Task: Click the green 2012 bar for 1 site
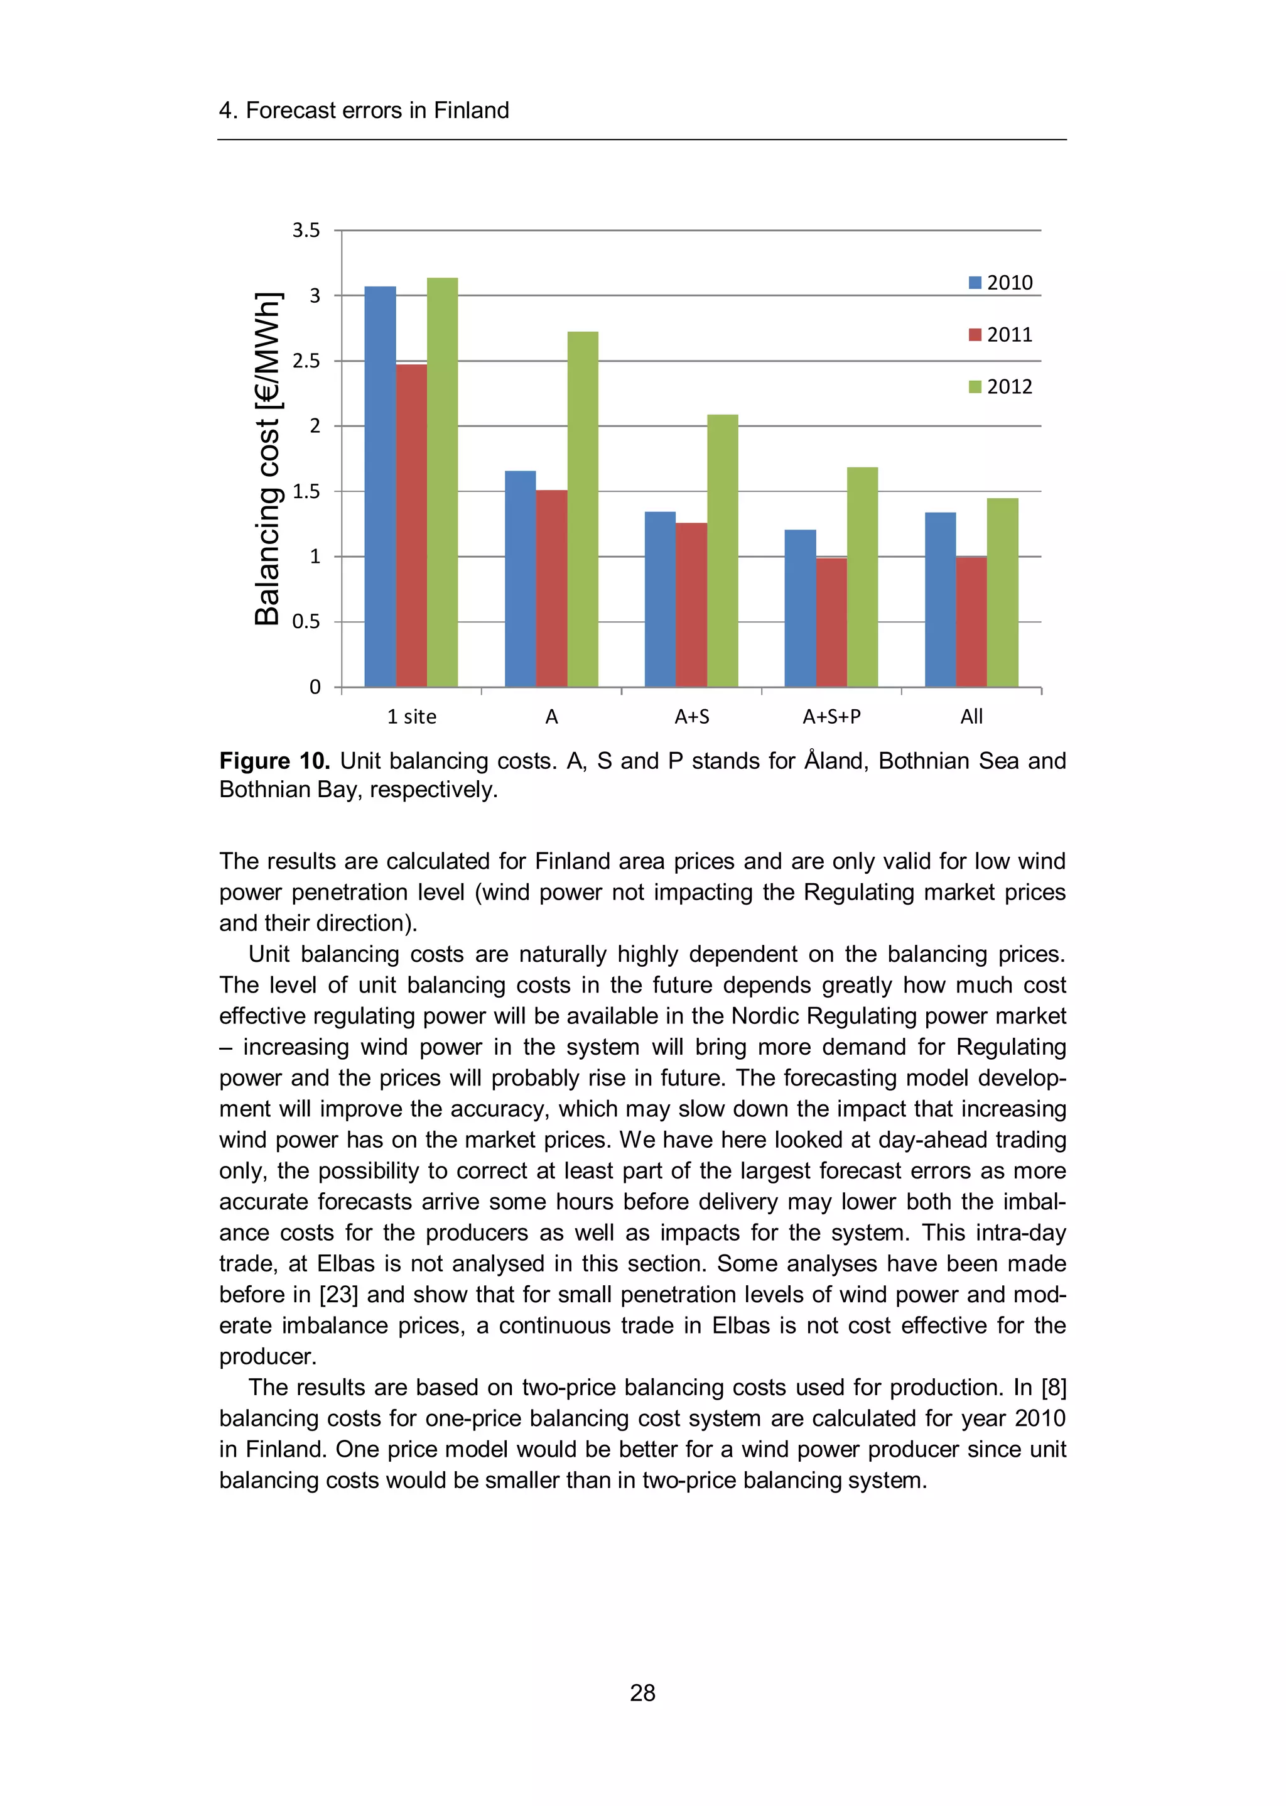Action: coord(442,483)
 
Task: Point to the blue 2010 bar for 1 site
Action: coord(380,487)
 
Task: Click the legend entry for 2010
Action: coord(1001,283)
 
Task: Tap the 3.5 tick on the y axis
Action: coord(306,231)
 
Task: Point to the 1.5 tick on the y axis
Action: coord(306,491)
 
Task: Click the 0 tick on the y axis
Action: coord(315,687)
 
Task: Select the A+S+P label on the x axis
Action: coord(831,717)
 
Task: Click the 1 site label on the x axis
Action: coord(411,717)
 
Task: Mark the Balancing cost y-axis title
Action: coord(267,459)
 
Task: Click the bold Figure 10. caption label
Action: coord(274,761)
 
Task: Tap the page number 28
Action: coord(642,1693)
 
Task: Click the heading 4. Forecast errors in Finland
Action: coord(364,110)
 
